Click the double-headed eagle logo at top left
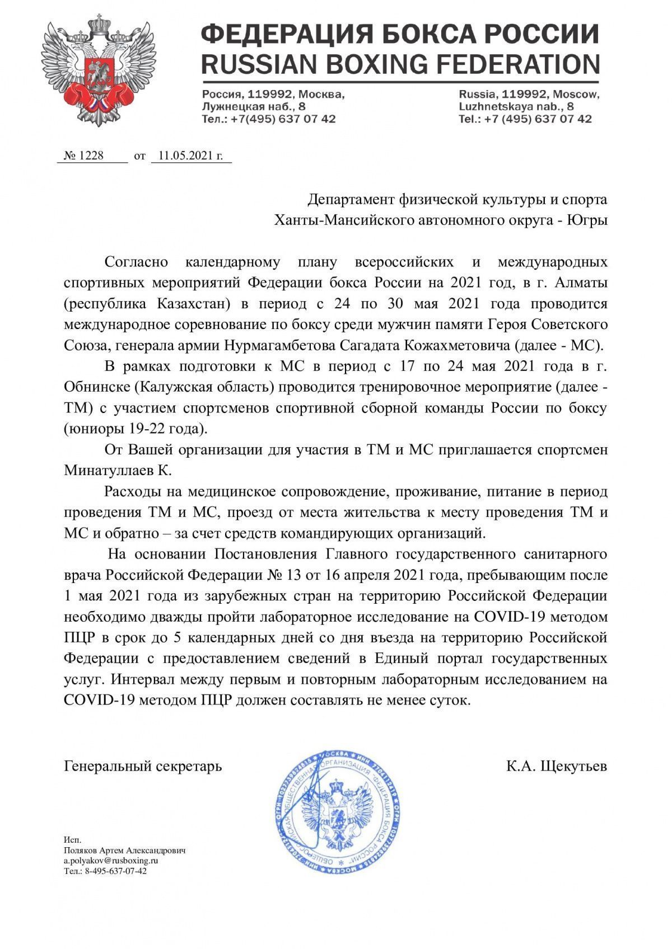pos(88,71)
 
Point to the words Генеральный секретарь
pos(143,765)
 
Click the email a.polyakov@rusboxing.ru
pos(110,861)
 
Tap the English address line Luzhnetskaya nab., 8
pos(516,106)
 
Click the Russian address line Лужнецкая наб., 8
pos(254,106)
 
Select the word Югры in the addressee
pos(587,220)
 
